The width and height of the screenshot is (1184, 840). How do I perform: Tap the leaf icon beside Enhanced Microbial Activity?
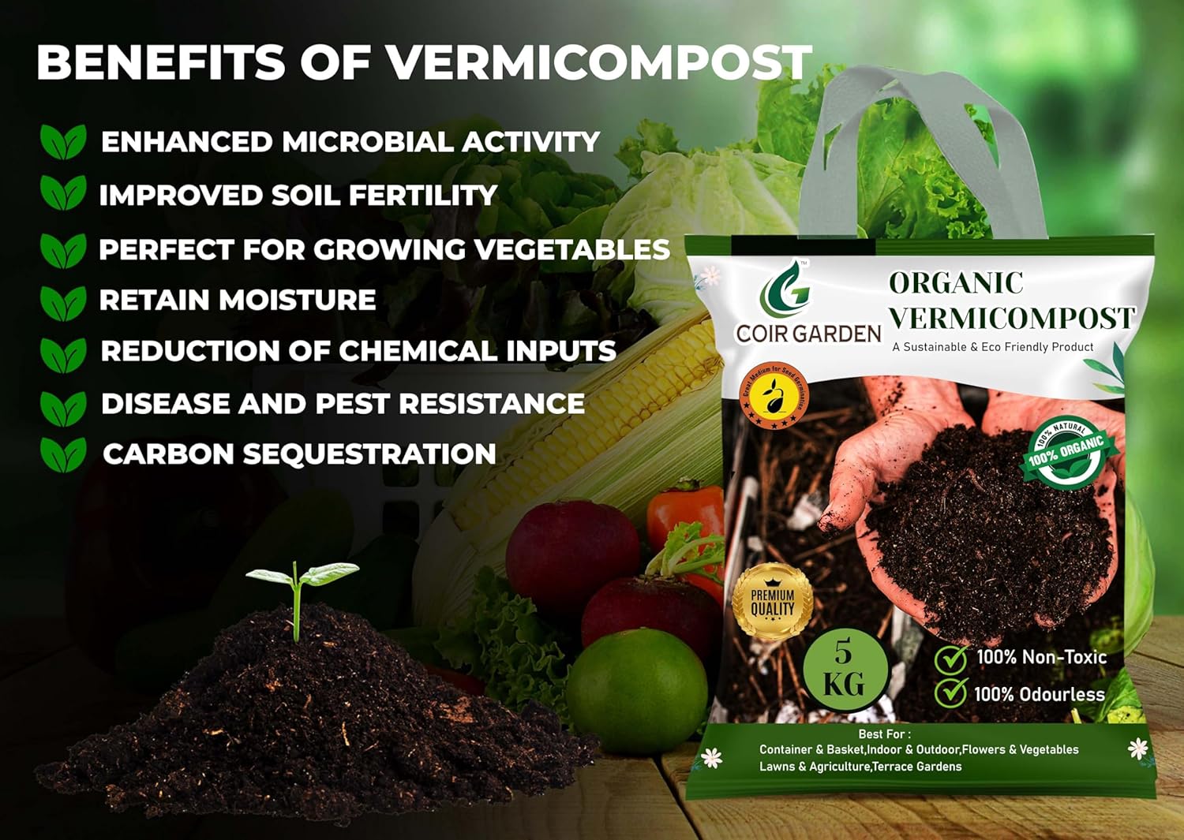click(x=63, y=142)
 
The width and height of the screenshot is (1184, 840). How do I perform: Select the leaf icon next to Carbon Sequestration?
click(x=63, y=454)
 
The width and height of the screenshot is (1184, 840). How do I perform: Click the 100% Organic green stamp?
click(x=1066, y=453)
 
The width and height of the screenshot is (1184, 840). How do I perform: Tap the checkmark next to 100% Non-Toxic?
click(x=951, y=659)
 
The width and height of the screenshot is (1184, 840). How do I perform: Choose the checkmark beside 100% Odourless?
click(x=951, y=693)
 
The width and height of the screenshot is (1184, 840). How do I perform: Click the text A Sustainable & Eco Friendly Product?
click(x=992, y=347)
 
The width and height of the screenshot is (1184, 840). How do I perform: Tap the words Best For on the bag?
click(x=884, y=734)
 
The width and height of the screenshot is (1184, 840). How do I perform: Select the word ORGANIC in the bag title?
click(x=956, y=282)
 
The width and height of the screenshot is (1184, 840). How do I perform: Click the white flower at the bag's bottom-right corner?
click(x=1137, y=749)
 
